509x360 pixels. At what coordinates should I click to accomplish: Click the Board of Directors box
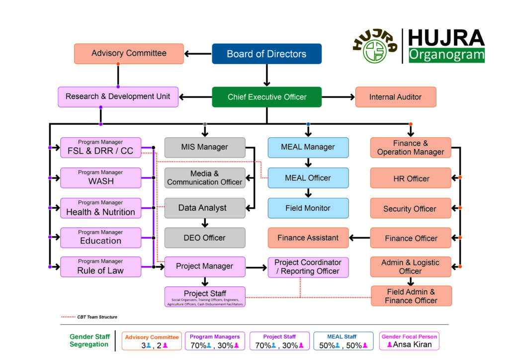[x=266, y=54]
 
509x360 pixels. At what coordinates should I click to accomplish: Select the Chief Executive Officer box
[x=266, y=97]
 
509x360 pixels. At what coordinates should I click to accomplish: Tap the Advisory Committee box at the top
[x=129, y=54]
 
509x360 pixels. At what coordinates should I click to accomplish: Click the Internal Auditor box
[x=395, y=97]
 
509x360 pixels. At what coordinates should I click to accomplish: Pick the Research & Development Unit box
[x=118, y=96]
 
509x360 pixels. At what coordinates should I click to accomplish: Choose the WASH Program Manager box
[x=100, y=178]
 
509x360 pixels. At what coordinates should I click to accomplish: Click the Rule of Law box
[x=100, y=267]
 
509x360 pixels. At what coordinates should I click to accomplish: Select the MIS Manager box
[x=205, y=147]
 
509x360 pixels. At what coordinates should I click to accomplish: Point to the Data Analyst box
[x=205, y=208]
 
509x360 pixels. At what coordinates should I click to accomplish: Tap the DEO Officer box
[x=205, y=238]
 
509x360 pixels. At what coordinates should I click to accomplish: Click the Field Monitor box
[x=308, y=208]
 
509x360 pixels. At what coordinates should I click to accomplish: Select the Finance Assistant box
[x=308, y=238]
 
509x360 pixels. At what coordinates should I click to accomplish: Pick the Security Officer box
[x=410, y=208]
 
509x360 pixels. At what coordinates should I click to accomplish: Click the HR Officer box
[x=410, y=178]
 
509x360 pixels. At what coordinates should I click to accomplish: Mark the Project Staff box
[x=205, y=296]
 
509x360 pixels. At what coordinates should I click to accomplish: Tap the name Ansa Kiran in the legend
[x=413, y=345]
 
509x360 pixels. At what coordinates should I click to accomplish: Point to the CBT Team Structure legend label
[x=97, y=317]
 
